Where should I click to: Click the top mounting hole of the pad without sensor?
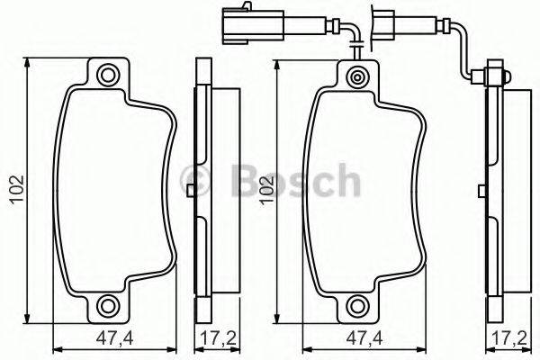[x=109, y=74]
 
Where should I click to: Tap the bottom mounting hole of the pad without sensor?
[x=109, y=304]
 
